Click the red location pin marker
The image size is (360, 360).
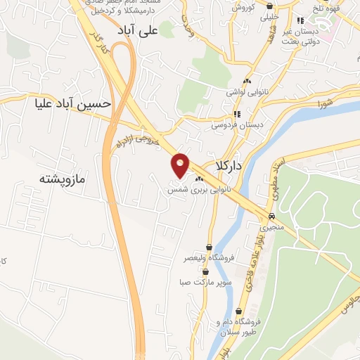point(181,165)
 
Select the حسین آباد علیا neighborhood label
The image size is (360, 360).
point(73,103)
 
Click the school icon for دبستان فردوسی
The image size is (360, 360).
point(237,113)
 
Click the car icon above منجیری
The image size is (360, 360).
point(271,217)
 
